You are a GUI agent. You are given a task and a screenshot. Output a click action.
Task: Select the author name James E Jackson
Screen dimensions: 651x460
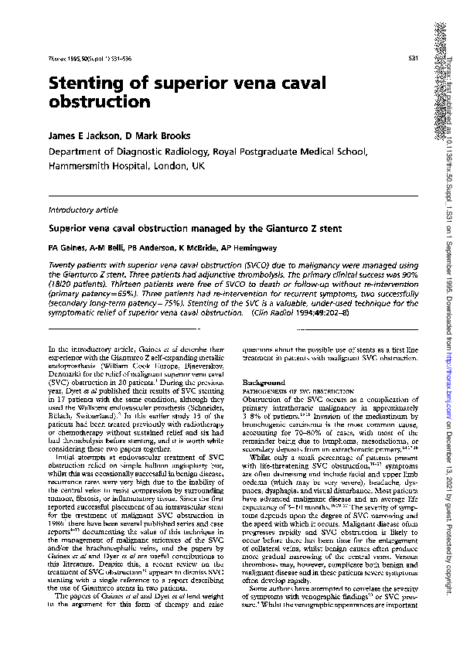coord(84,135)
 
